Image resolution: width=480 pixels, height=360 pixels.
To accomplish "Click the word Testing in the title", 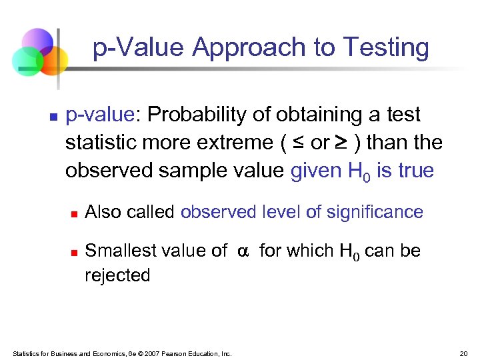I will [x=386, y=48].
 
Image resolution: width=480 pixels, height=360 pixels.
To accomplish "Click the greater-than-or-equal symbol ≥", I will [x=341, y=143].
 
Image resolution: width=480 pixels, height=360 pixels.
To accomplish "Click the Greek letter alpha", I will [x=243, y=251].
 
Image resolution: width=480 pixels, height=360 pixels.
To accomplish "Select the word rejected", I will [x=117, y=275].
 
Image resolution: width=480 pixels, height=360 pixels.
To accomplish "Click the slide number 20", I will [x=464, y=353].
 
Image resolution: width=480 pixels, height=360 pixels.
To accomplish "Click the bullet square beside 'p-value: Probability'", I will [x=53, y=117].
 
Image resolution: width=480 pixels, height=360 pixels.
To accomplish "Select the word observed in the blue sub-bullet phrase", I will [x=211, y=212].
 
